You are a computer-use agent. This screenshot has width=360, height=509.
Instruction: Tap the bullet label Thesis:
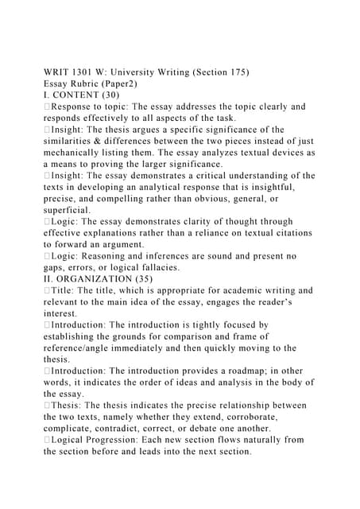pyautogui.click(x=72, y=406)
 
